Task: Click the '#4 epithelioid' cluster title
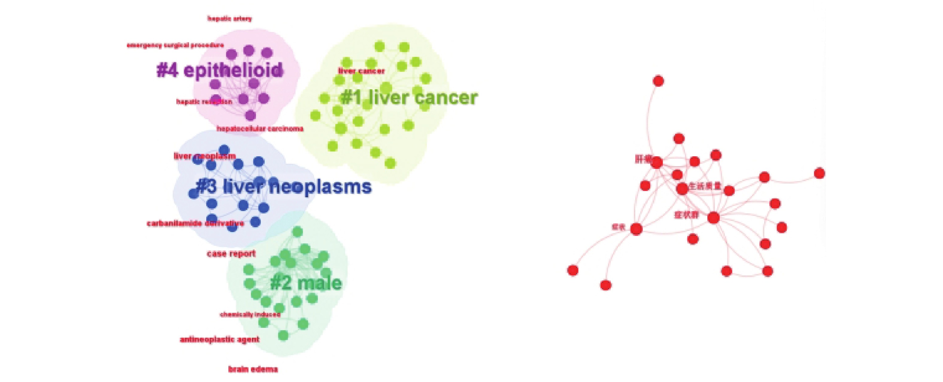tap(220, 70)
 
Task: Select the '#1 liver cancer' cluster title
tap(409, 98)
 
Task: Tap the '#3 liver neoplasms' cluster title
tap(284, 187)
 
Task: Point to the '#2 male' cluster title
tap(306, 283)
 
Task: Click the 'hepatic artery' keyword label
tap(230, 18)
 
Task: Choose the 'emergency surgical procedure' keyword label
tap(175, 46)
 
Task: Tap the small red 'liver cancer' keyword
tap(361, 71)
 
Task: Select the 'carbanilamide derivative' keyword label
tap(195, 223)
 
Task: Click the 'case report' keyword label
tap(231, 254)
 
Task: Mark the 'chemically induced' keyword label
tap(250, 314)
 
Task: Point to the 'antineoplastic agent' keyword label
tap(220, 339)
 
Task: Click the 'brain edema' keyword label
tap(253, 369)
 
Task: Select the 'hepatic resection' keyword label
tap(204, 102)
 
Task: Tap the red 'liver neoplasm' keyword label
tap(204, 156)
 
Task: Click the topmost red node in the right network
tap(658, 81)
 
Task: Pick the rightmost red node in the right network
tap(819, 173)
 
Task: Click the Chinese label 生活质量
tap(705, 186)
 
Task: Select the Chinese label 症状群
tap(687, 215)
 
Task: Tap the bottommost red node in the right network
tap(606, 285)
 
